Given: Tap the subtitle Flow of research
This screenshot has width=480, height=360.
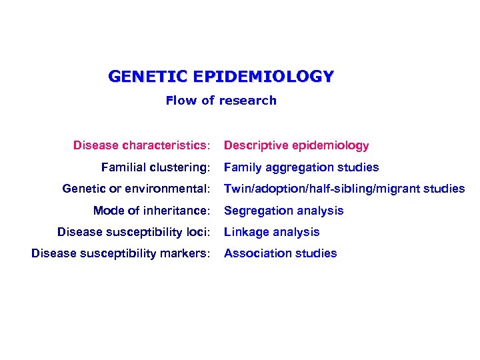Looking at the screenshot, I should [221, 101].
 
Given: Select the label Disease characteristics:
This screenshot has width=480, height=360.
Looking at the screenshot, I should [142, 145].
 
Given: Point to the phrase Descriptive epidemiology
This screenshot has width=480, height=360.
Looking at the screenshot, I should [296, 145].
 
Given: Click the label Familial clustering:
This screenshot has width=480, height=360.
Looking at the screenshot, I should [155, 167].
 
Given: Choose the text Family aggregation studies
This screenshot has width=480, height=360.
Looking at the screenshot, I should [301, 167].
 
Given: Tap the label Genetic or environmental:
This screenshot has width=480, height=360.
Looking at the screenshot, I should [136, 189].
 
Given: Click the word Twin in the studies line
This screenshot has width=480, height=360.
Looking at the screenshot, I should [235, 189].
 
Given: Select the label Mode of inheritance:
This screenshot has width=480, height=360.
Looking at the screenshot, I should [151, 211].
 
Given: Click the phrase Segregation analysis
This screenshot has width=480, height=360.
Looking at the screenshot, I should [284, 211].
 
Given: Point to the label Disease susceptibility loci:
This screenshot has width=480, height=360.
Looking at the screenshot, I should [133, 232].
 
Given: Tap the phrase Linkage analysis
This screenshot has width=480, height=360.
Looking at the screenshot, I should [272, 232].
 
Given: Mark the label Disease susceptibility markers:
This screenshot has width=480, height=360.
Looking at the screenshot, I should [121, 253].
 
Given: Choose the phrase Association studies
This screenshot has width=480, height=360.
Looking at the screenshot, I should [281, 253].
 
